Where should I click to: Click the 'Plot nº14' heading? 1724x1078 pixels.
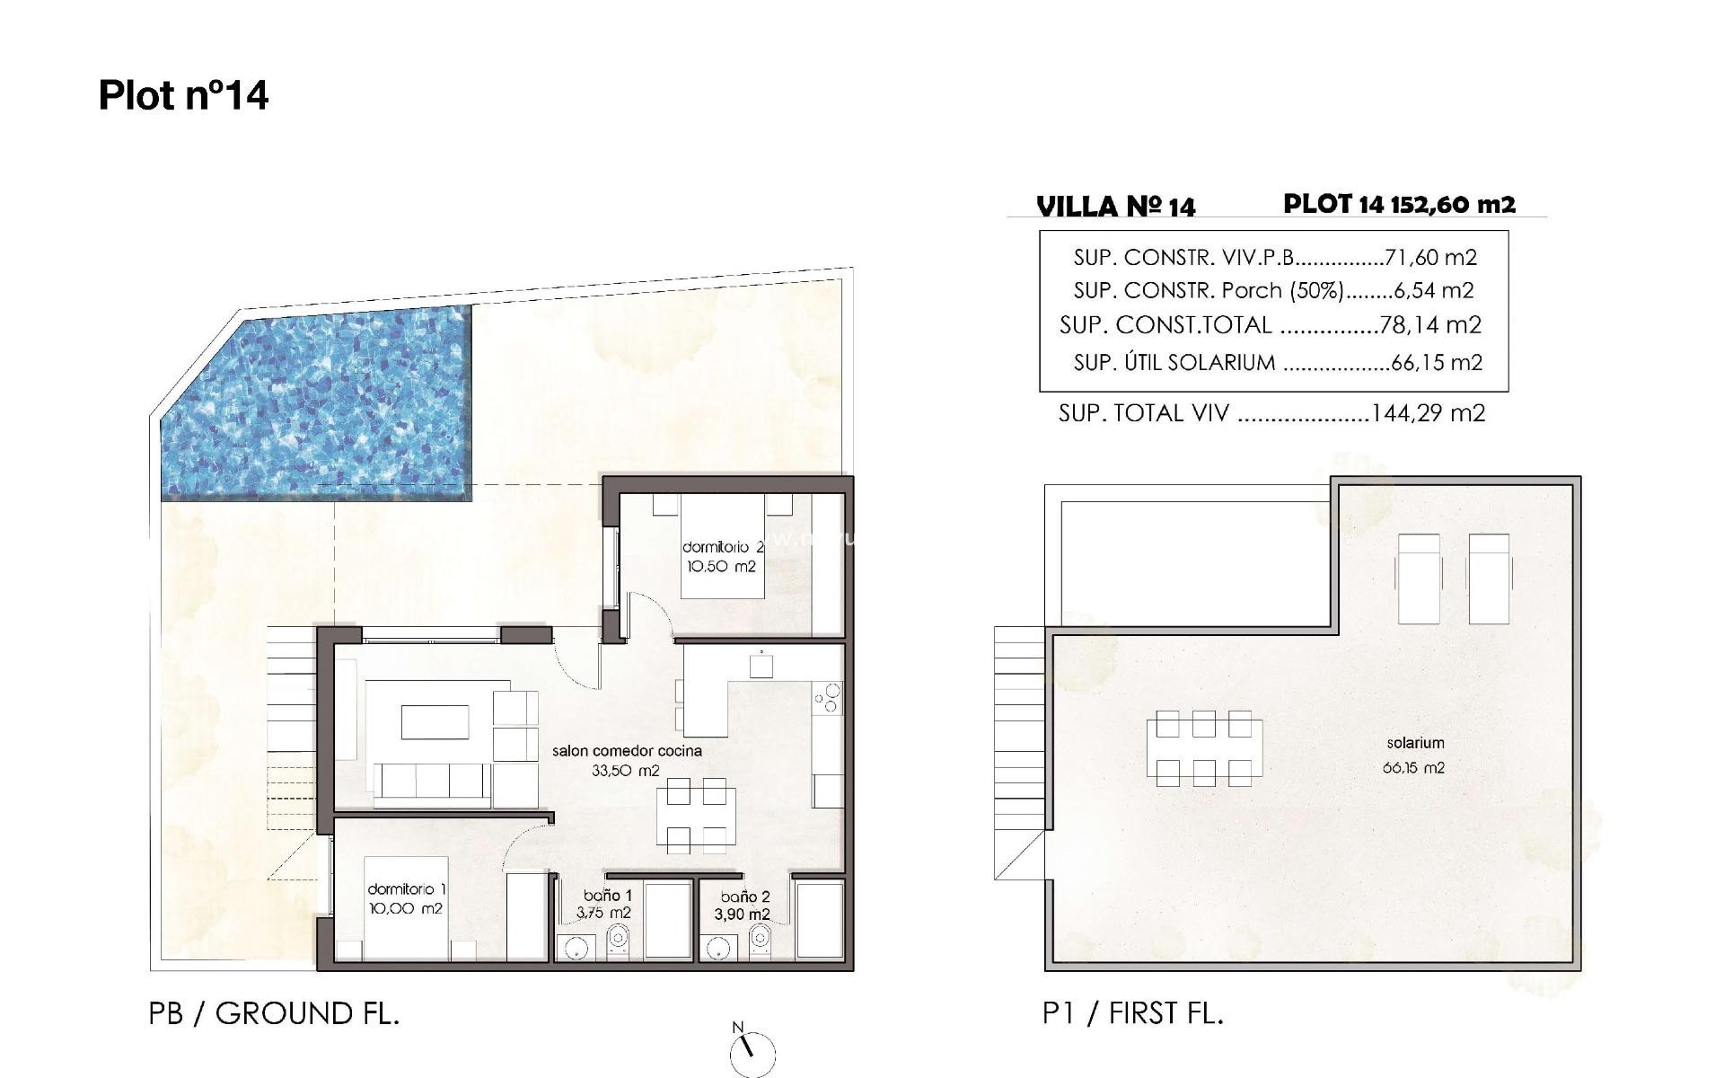183,95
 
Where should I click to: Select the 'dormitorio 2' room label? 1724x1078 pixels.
723,547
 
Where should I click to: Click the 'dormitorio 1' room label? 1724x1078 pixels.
407,889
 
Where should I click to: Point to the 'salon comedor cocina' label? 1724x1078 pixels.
627,751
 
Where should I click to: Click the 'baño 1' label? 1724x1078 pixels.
608,896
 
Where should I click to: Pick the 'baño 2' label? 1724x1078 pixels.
745,897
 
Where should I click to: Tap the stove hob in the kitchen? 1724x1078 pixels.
828,698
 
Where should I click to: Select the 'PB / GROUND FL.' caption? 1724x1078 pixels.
274,1013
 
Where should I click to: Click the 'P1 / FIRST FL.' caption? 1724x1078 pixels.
1133,1013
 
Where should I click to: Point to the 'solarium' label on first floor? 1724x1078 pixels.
1415,743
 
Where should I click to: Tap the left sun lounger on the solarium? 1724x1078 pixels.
1419,578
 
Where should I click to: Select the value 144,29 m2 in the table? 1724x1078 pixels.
1428,413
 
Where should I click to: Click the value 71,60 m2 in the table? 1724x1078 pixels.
1430,258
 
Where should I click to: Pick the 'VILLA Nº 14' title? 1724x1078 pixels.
1116,207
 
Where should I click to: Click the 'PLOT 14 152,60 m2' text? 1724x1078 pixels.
1399,204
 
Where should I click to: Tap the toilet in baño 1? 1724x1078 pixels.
618,943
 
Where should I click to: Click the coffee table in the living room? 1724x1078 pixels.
435,721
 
